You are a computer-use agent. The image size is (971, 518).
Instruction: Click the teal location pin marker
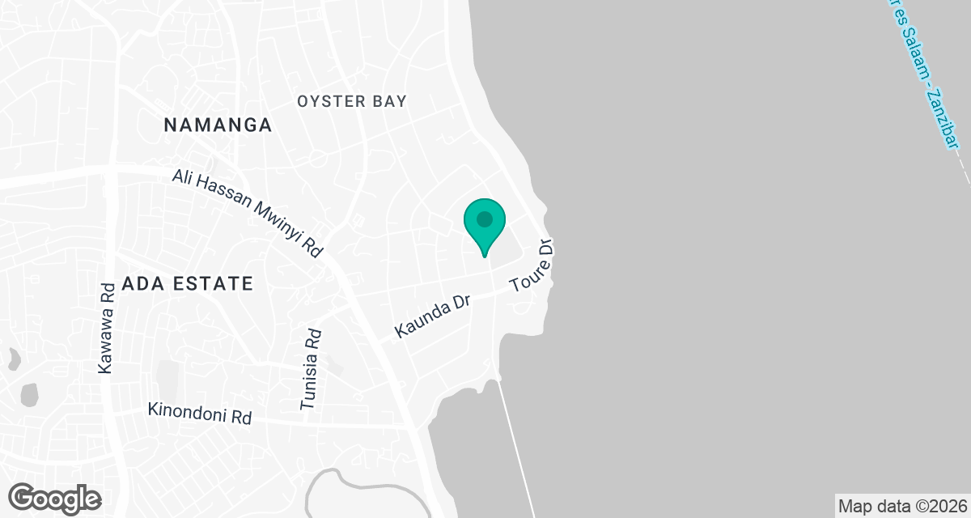click(485, 224)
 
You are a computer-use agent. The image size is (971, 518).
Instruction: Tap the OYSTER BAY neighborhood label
click(352, 101)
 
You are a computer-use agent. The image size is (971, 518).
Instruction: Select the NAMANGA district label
click(218, 125)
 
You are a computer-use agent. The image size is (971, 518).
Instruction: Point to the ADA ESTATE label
click(188, 284)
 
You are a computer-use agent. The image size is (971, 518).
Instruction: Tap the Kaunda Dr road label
click(433, 316)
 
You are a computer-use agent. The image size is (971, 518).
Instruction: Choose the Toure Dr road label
click(533, 265)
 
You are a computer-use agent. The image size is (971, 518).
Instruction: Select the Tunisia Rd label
click(311, 370)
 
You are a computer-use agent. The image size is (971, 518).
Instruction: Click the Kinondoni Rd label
click(200, 413)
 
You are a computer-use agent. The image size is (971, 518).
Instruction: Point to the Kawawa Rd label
click(105, 328)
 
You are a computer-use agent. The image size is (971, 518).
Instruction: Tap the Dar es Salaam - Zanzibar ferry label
click(922, 73)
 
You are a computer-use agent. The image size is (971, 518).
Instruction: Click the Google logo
click(55, 497)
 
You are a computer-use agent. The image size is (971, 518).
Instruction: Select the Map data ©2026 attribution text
click(901, 507)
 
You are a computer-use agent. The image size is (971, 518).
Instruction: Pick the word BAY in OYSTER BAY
click(392, 101)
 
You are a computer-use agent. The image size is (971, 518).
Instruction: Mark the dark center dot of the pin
click(485, 219)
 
